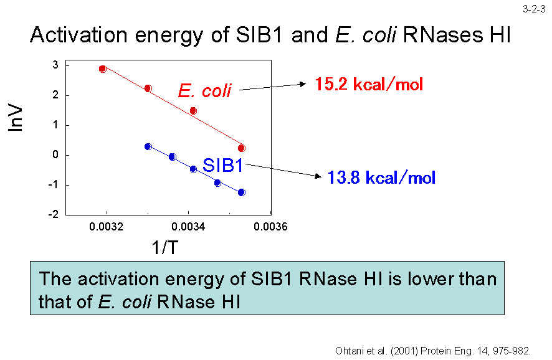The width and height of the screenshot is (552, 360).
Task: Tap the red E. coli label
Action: click(204, 91)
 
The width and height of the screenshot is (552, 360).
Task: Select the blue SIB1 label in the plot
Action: click(223, 166)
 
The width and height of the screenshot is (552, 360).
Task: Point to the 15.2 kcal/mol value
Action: click(369, 84)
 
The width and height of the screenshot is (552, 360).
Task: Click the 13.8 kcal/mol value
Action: click(381, 178)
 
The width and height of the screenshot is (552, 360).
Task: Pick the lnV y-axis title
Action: click(17, 117)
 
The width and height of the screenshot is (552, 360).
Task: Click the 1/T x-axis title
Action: click(164, 248)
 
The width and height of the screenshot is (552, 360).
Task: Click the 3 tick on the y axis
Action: click(55, 65)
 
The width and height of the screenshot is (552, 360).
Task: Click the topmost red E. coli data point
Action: click(103, 69)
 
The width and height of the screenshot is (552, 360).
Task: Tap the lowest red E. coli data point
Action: click(242, 148)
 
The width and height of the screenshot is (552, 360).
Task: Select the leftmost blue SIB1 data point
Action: click(148, 146)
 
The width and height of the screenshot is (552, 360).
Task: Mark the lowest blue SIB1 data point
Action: click(242, 192)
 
